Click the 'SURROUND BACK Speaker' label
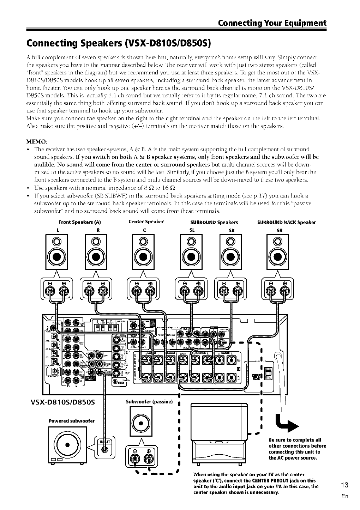(287, 223)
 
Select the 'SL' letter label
(192, 230)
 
